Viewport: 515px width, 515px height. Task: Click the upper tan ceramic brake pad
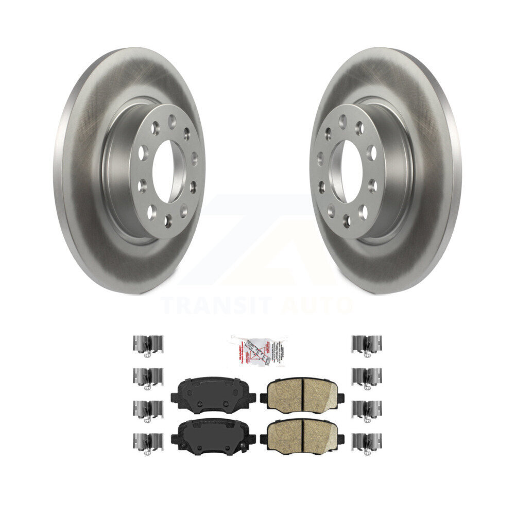click(302, 393)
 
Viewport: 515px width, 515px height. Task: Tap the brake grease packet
click(257, 349)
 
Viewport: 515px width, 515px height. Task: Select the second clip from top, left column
click(148, 377)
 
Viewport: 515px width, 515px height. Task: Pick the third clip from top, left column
click(148, 409)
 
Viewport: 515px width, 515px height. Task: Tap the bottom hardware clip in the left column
click(148, 442)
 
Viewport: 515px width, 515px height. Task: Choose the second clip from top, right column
click(367, 377)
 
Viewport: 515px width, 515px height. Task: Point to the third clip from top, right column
click(367, 409)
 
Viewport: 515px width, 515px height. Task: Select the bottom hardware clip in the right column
click(367, 442)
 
